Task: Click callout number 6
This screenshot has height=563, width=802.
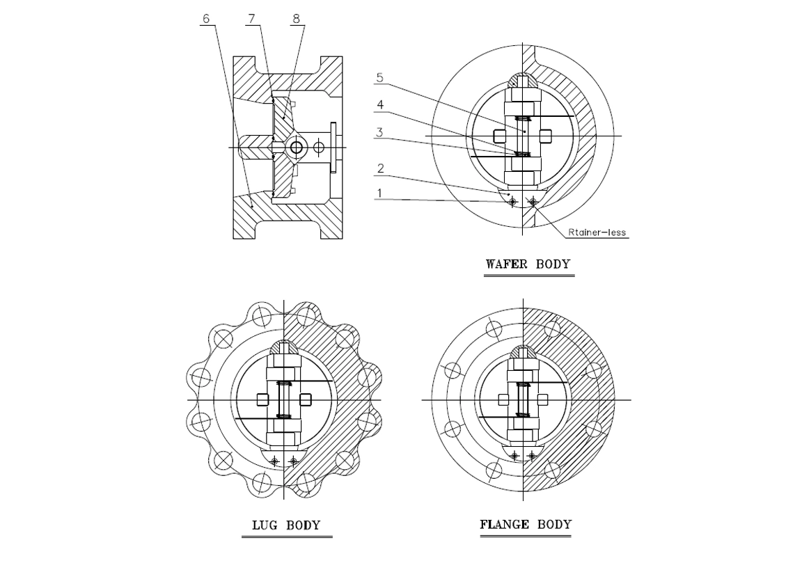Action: point(205,19)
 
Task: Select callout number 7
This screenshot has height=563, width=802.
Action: point(251,19)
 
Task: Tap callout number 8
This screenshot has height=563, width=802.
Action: point(296,19)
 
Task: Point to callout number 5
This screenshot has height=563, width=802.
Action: point(379,78)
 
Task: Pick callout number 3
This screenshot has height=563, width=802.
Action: point(379,132)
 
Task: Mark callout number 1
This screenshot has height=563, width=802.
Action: point(379,193)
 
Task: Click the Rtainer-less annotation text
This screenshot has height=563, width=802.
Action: point(597,232)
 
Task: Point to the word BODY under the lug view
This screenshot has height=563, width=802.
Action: point(304,525)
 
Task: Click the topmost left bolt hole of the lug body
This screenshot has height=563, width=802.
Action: point(261,315)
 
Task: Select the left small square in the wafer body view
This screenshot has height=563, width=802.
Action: point(500,136)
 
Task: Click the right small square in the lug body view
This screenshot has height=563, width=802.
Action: point(306,399)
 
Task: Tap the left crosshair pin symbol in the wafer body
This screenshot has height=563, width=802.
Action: point(514,203)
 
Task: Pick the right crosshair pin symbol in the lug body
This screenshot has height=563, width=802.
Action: point(293,461)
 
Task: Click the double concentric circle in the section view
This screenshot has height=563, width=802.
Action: point(296,148)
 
